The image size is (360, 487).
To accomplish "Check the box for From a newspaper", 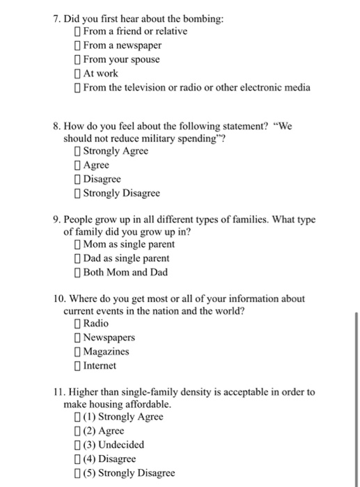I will (77, 45).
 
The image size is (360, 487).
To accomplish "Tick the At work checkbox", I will (77, 73).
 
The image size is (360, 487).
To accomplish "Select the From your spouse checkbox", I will (77, 59).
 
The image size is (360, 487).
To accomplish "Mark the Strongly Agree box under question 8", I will (77, 151).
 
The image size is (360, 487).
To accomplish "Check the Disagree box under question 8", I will (77, 179).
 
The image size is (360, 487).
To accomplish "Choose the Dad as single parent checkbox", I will (77, 258).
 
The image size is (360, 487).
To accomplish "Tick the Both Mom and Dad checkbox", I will (77, 272).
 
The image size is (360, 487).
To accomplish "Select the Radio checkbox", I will (77, 324).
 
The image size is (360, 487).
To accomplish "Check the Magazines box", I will (77, 351).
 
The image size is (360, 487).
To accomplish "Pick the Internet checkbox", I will (77, 365).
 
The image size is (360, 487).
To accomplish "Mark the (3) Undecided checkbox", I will (77, 445).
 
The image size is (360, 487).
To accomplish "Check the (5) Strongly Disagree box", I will (77, 472).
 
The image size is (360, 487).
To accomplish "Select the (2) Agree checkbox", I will (77, 431).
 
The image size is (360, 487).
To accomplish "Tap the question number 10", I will (59, 298).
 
